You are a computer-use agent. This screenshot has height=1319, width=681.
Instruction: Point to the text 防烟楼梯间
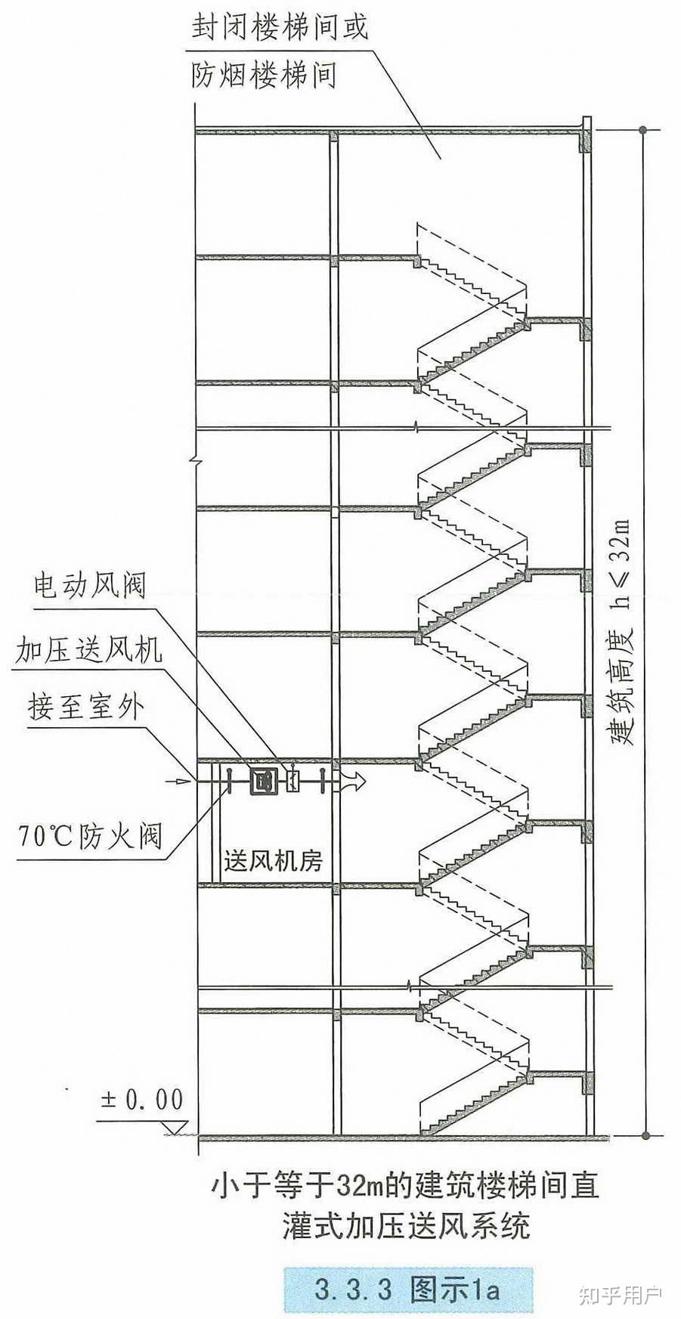coord(264,76)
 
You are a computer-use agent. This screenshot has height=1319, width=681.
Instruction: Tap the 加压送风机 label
coord(88,649)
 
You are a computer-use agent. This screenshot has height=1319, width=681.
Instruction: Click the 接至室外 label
coord(85,708)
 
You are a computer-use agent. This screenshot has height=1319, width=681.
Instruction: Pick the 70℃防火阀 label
coord(88,836)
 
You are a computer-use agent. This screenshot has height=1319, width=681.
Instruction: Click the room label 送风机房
coord(273,860)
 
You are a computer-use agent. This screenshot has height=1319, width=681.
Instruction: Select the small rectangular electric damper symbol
coord(292,780)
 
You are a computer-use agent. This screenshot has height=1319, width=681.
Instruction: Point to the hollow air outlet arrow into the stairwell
coord(353,780)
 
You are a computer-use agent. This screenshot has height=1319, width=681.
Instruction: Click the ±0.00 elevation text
coord(142,1098)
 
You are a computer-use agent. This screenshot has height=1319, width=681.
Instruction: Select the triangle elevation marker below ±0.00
coord(175,1128)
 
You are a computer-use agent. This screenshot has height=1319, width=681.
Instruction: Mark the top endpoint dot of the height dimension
coord(644,130)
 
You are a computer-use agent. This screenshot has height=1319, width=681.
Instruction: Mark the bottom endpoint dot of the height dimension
coord(644,1135)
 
